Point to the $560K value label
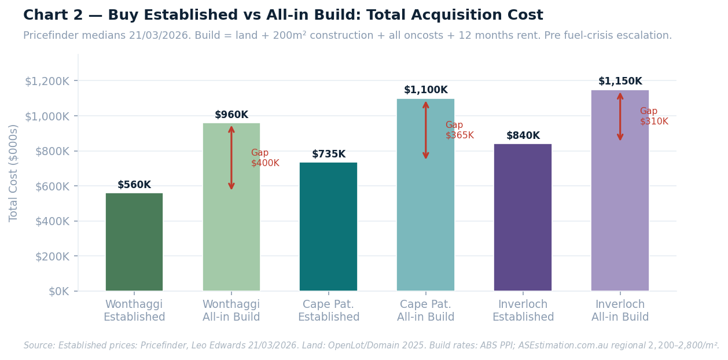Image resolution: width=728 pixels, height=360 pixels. (134, 185)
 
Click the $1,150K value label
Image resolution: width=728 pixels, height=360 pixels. (620, 82)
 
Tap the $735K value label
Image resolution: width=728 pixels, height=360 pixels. (328, 155)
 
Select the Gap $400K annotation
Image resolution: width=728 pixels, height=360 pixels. (264, 158)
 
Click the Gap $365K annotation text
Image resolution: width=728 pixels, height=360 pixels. (459, 130)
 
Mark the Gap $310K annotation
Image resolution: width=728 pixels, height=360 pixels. (653, 116)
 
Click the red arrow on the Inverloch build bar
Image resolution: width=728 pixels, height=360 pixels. (620, 116)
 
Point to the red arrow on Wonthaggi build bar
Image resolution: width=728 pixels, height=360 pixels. (231, 158)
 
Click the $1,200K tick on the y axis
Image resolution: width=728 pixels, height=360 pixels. (47, 81)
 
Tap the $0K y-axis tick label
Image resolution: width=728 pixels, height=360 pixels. (59, 291)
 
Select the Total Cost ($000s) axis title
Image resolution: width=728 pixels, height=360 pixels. (14, 172)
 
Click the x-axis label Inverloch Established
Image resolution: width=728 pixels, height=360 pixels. (523, 311)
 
